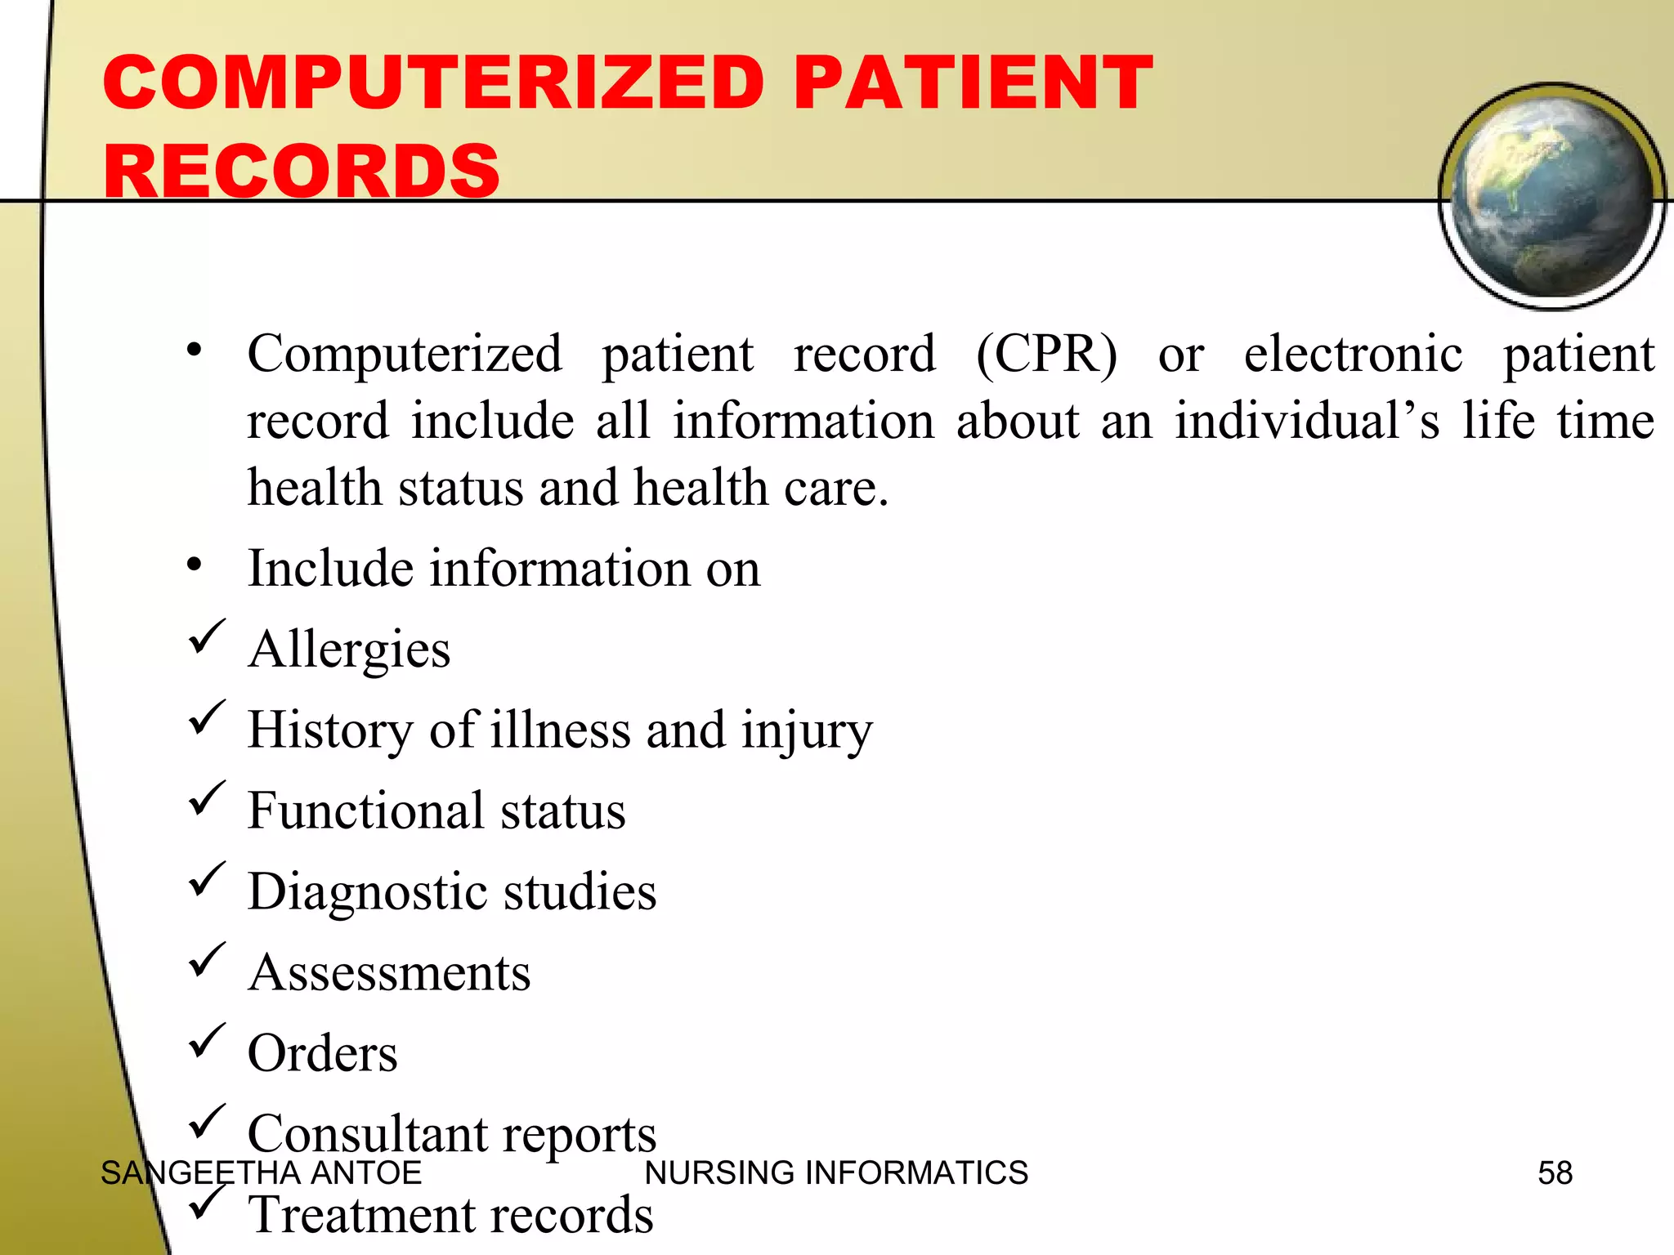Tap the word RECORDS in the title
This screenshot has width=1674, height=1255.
click(302, 171)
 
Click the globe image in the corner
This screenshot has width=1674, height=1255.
click(1551, 196)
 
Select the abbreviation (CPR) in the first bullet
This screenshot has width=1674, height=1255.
click(1046, 355)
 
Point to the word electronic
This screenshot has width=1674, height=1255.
click(1353, 355)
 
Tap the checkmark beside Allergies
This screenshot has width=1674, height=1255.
click(206, 636)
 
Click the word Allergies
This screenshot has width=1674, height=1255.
click(349, 650)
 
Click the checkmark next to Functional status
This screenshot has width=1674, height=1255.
click(206, 797)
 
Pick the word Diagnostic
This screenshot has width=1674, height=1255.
click(367, 891)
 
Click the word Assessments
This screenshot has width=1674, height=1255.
click(390, 972)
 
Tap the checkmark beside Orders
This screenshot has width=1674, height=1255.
click(206, 1039)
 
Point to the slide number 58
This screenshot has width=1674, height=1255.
click(1555, 1173)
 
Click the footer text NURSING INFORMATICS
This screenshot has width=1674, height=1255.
click(836, 1173)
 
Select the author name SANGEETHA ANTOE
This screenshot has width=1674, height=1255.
click(261, 1173)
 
